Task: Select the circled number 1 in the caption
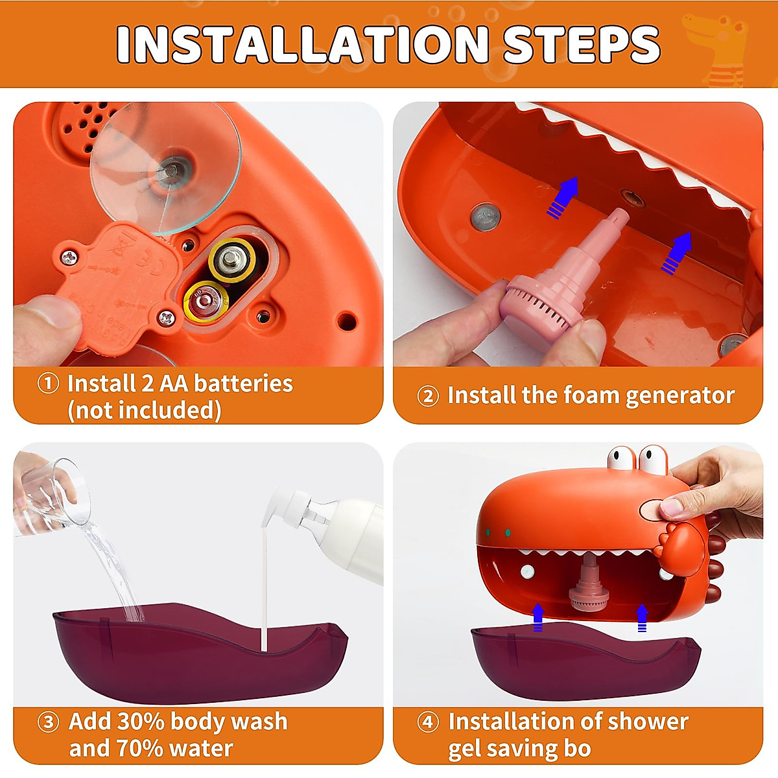[49, 383]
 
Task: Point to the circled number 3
[49, 722]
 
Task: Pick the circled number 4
[428, 722]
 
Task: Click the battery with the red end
[206, 300]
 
